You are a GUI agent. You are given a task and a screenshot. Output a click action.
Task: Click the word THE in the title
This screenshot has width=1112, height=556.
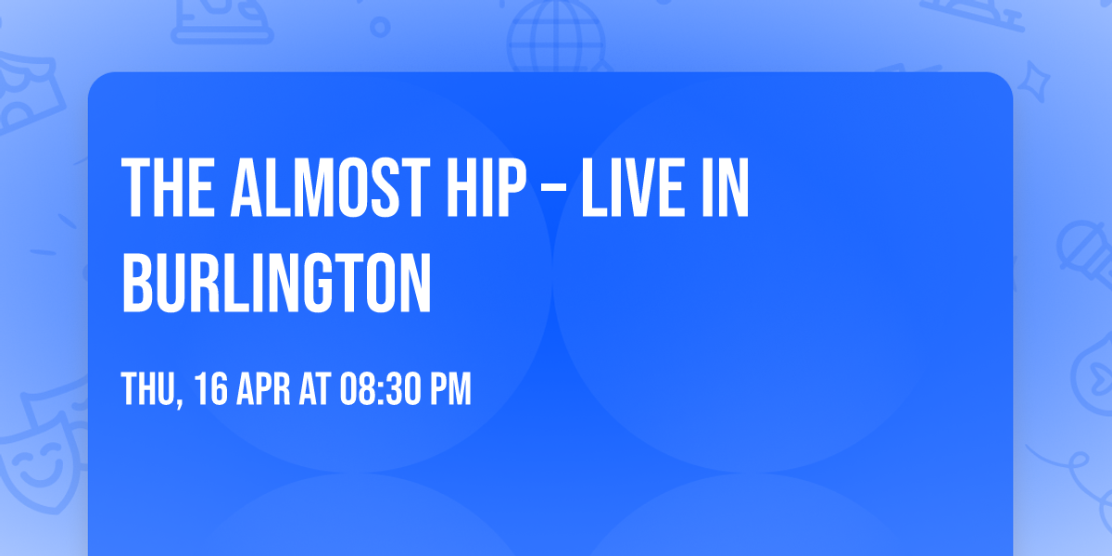tap(165, 189)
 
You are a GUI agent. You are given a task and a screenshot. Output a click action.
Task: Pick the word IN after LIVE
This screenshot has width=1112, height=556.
tap(727, 189)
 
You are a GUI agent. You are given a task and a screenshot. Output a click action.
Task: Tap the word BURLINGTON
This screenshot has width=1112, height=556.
tap(277, 282)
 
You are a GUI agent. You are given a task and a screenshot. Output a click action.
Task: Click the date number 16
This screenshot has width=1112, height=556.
tap(211, 390)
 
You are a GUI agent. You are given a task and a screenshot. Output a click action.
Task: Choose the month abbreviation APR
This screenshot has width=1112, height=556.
tap(263, 390)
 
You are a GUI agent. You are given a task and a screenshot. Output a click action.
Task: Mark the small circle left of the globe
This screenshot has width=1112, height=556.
tap(379, 28)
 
